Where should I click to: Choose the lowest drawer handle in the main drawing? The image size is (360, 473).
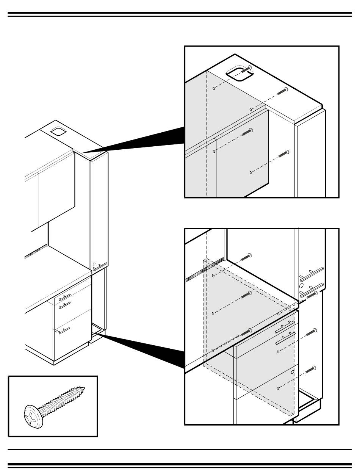[x=64, y=330]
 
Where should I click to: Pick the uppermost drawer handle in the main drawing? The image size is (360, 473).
[x=64, y=297]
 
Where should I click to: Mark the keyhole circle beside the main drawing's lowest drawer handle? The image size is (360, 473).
[x=56, y=331]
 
